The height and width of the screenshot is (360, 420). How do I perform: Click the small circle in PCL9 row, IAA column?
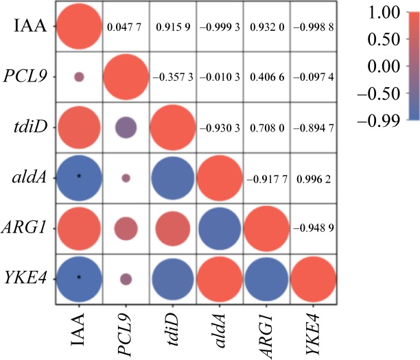pyautogui.click(x=79, y=77)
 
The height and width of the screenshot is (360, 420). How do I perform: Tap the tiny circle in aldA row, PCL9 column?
pyautogui.click(x=126, y=177)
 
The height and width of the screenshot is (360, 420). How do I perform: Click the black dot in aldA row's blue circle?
pyautogui.click(x=79, y=176)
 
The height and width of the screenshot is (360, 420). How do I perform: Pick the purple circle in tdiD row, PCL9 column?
pyautogui.click(x=126, y=127)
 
